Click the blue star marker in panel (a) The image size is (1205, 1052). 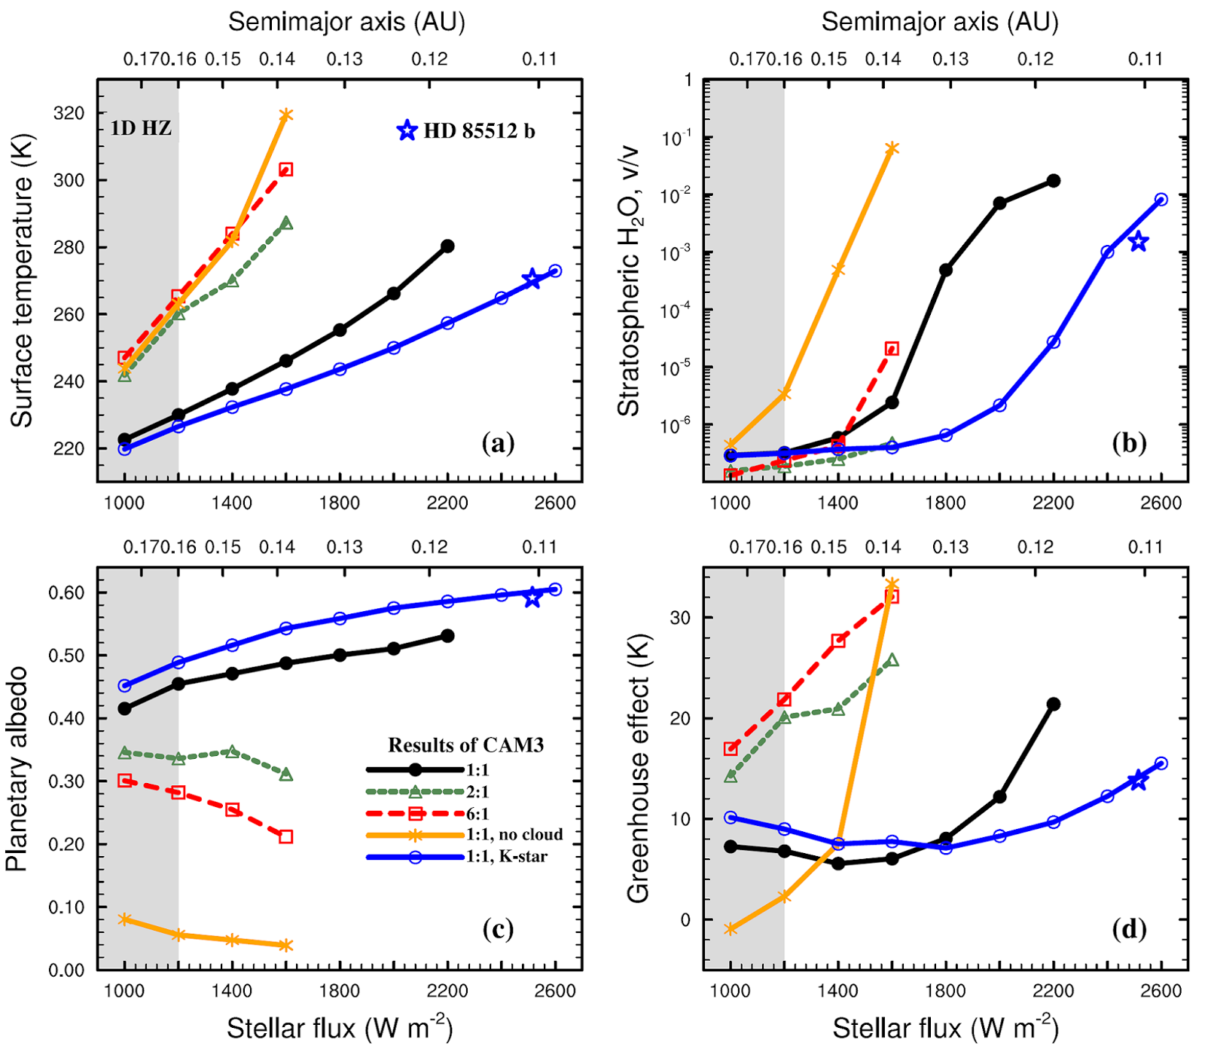(x=532, y=278)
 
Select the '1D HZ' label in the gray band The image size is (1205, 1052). (x=141, y=128)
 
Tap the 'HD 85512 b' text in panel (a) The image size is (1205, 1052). (x=479, y=131)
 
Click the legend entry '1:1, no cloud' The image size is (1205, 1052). (x=514, y=834)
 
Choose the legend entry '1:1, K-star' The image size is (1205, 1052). (x=506, y=856)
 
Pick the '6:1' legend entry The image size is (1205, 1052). (x=477, y=813)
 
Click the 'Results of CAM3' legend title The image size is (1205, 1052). (x=465, y=745)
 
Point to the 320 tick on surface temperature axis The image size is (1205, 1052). (x=69, y=113)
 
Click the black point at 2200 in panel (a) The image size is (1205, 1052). (x=447, y=246)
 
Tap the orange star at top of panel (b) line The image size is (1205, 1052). (x=892, y=148)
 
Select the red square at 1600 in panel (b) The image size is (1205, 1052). (x=892, y=348)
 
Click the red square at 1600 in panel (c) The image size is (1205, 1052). (x=285, y=836)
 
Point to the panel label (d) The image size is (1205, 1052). (x=1129, y=929)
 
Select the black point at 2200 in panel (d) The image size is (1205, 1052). (x=1054, y=704)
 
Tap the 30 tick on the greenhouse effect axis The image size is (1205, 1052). (x=680, y=617)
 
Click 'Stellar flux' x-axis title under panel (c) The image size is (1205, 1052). (x=339, y=1028)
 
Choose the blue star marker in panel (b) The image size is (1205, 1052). (x=1138, y=242)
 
